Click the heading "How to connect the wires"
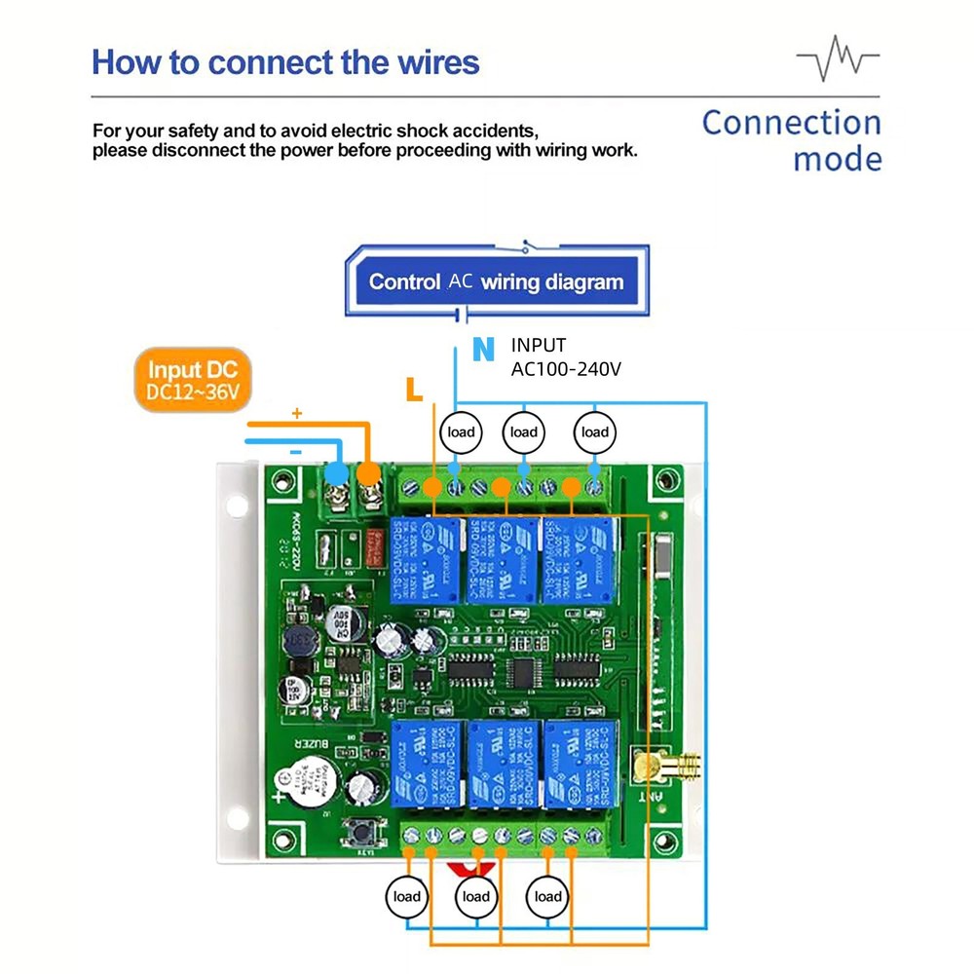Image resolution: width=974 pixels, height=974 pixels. (285, 62)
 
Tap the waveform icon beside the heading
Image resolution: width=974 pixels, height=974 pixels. (837, 59)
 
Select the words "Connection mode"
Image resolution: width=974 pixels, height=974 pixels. (791, 140)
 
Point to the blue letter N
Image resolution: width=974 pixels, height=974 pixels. (482, 350)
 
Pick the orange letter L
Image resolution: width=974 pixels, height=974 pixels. (414, 391)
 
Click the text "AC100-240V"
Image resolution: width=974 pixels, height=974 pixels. (566, 369)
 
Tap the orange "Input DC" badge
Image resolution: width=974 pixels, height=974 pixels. (193, 381)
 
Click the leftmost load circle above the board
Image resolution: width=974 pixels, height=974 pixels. (461, 432)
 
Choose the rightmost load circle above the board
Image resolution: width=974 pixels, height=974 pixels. (594, 432)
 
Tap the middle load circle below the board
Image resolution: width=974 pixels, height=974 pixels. (475, 896)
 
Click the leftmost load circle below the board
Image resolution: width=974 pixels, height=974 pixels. (407, 896)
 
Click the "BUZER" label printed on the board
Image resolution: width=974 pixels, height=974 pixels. (310, 750)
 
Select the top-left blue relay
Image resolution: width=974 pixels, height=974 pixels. (426, 560)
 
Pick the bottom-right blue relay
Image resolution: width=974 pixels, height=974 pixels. (578, 763)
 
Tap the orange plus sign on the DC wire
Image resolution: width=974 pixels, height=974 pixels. (297, 414)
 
